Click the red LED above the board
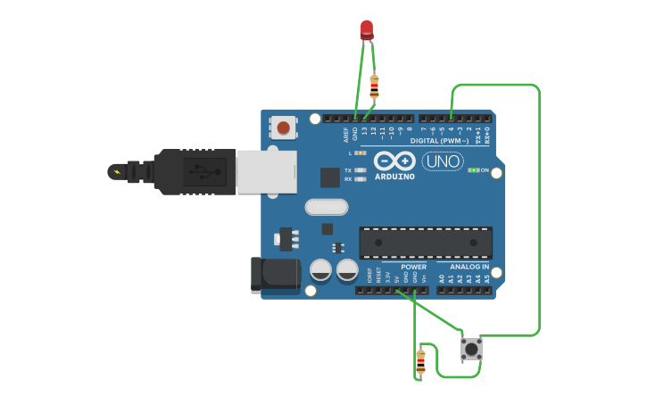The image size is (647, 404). coord(367,29)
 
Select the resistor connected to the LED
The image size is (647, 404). coord(374,86)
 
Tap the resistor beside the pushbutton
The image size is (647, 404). coord(420,361)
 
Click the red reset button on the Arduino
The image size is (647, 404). coord(283,128)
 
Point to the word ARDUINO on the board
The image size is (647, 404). coord(394,177)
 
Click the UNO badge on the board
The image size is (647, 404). coord(443,161)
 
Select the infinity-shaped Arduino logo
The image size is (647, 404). coord(394,161)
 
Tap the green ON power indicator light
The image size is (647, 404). coord(473,169)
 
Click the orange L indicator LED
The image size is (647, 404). coord(361,153)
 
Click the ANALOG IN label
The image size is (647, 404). coord(469,267)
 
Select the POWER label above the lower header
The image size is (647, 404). coord(413,267)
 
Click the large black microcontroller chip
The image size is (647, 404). coord(426,242)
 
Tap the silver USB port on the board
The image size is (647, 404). coord(266,171)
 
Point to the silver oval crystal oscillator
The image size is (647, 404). coord(326,207)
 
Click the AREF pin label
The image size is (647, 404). coord(346,135)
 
